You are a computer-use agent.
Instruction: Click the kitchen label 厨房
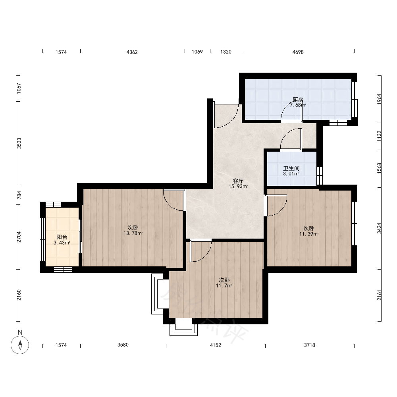(298, 100)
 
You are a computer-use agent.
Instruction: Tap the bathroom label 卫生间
(291, 168)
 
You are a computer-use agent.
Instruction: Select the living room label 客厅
(238, 181)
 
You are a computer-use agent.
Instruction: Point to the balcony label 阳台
(62, 237)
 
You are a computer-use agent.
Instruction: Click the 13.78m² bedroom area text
(133, 233)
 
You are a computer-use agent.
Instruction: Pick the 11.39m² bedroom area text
(309, 234)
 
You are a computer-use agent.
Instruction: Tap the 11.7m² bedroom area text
(224, 285)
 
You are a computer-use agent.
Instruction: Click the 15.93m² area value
(238, 186)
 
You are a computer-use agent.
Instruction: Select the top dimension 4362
(132, 52)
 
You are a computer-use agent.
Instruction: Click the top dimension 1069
(197, 52)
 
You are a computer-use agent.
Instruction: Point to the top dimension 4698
(298, 52)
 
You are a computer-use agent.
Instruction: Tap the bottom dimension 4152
(216, 345)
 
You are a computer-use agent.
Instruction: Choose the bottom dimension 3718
(309, 345)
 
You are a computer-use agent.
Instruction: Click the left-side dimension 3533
(19, 143)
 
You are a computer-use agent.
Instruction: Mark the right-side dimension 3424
(379, 228)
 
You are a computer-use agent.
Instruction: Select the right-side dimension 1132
(379, 136)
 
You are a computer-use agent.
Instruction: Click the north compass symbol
(20, 345)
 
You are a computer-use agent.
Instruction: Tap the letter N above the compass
(20, 332)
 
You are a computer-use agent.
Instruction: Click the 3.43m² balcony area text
(62, 243)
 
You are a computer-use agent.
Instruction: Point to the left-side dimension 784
(19, 195)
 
